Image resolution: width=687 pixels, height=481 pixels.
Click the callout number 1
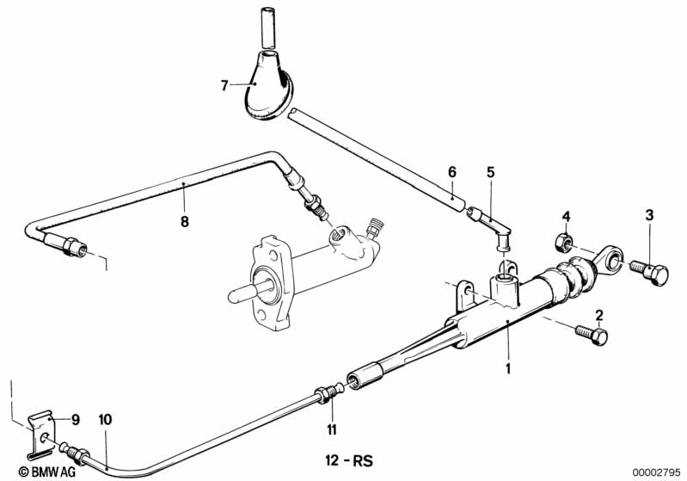(508, 370)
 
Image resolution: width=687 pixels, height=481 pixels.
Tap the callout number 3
(650, 215)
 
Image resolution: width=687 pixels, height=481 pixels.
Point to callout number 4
(567, 215)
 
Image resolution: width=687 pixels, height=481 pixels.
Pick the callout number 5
(490, 172)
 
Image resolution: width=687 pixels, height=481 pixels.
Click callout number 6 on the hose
(451, 172)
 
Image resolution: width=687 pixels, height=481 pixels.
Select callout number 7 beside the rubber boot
(224, 85)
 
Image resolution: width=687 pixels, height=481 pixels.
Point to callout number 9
(75, 420)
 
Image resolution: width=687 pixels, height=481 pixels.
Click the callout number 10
(105, 420)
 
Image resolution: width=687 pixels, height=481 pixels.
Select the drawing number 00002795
(656, 472)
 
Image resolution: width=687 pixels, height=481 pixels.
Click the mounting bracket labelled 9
(41, 429)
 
